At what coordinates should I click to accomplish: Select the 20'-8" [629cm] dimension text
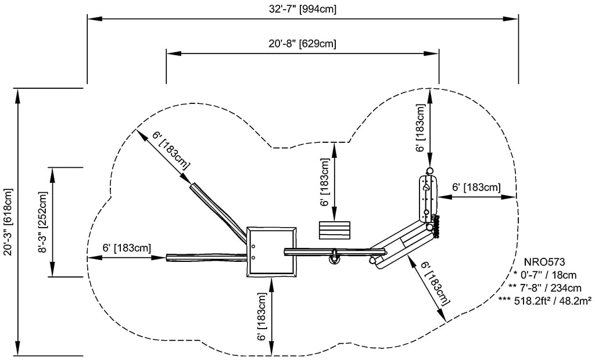click(302, 44)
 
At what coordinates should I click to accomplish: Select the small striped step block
click(335, 230)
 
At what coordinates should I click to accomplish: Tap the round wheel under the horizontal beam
click(334, 258)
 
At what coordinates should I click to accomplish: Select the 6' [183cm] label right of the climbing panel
click(476, 187)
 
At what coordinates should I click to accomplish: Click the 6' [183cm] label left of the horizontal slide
click(127, 247)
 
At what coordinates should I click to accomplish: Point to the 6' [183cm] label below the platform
click(263, 316)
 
